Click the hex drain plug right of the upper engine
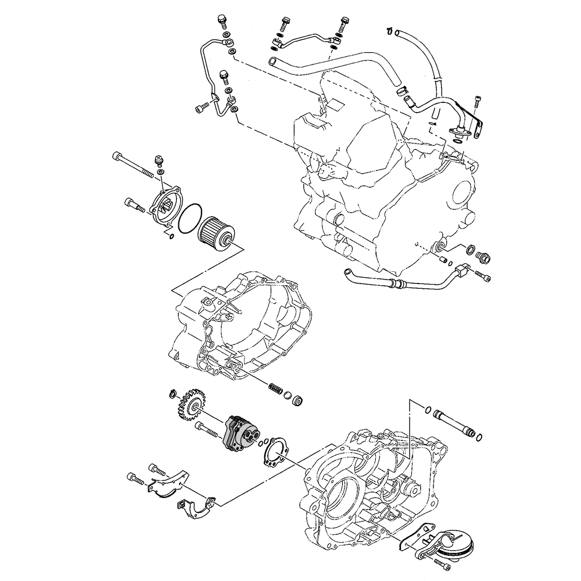click(x=483, y=256)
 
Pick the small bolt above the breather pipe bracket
click(x=478, y=102)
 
